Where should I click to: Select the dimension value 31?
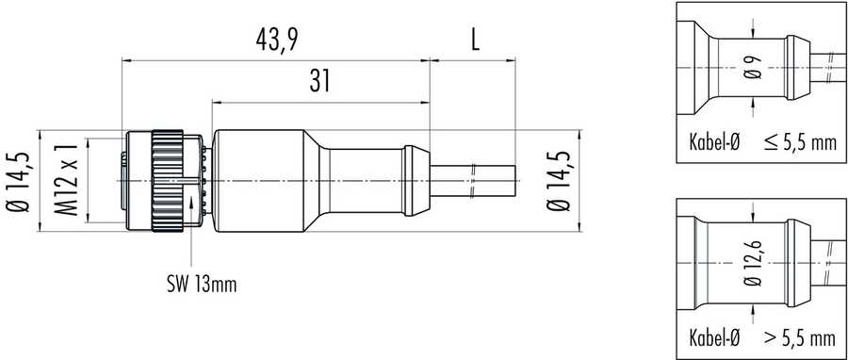[x=319, y=81]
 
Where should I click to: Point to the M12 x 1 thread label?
[x=69, y=180]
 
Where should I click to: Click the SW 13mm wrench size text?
[x=202, y=285]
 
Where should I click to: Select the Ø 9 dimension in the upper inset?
[x=753, y=68]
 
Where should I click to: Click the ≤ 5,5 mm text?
[x=801, y=142]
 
